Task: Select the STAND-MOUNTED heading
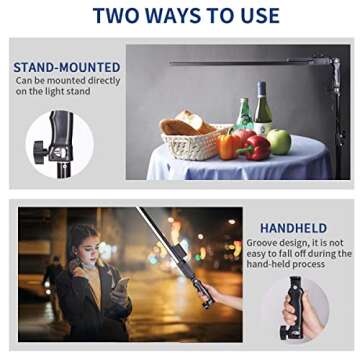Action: pos(66,68)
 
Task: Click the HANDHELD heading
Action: pos(293,228)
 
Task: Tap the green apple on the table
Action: pos(279,142)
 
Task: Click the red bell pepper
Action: pos(253,147)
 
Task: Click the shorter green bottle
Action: pos(244,116)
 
